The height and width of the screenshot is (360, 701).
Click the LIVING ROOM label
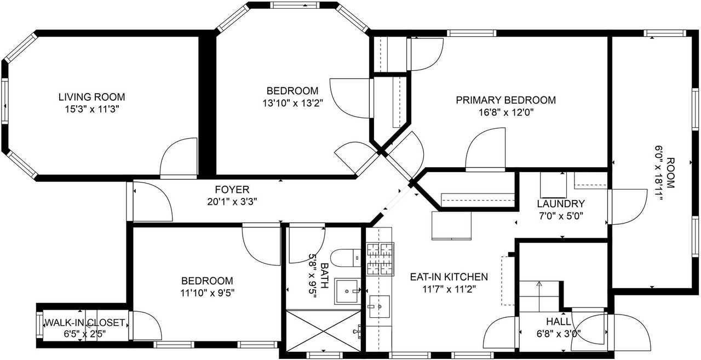pyautogui.click(x=91, y=97)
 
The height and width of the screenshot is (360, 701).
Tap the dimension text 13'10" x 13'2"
pyautogui.click(x=292, y=102)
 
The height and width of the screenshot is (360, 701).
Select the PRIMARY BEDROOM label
pyautogui.click(x=505, y=100)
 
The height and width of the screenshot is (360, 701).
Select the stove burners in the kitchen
pyautogui.click(x=380, y=259)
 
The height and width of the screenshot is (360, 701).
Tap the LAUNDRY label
pyautogui.click(x=561, y=203)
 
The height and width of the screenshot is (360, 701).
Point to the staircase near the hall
pyautogui.click(x=540, y=296)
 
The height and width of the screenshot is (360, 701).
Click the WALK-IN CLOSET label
pyautogui.click(x=84, y=323)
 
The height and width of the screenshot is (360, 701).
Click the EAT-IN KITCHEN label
pyautogui.click(x=449, y=277)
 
